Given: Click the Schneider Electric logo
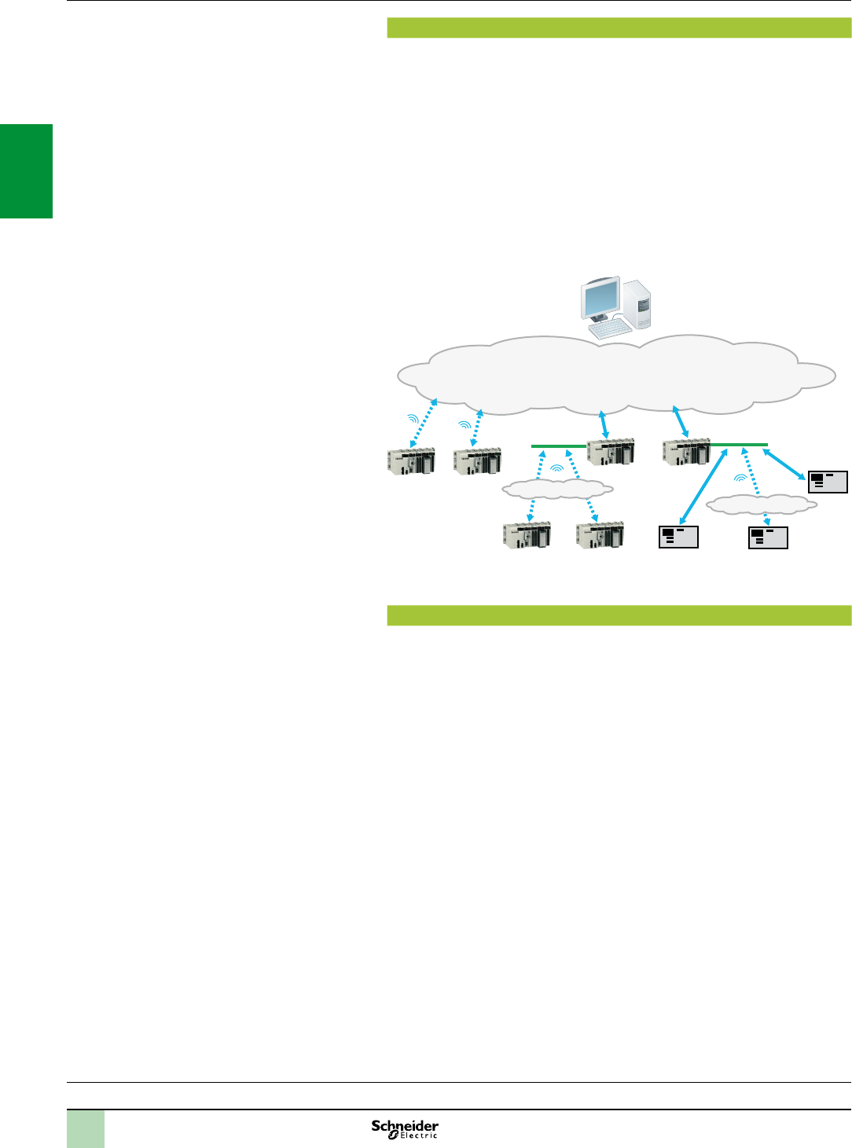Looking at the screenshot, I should (405, 1129).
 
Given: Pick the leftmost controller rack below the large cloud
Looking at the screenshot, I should (411, 460).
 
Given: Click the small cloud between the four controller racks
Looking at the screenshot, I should (557, 489).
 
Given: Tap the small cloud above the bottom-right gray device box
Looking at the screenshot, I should (761, 504).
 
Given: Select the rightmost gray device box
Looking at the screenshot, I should (828, 482).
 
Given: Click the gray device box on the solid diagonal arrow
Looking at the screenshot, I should (678, 537).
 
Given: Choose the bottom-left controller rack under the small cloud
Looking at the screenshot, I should (527, 534).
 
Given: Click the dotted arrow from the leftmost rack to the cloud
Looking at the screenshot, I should (422, 424).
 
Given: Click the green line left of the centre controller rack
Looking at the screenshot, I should (558, 446).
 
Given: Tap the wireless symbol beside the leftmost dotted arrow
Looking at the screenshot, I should (412, 419).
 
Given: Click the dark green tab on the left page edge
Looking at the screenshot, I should (26, 171).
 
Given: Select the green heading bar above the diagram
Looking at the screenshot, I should (619, 28).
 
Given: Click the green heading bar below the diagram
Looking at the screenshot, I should (619, 615).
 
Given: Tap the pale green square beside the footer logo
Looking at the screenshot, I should (86, 1129).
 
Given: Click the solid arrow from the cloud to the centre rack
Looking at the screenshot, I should (603, 424).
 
